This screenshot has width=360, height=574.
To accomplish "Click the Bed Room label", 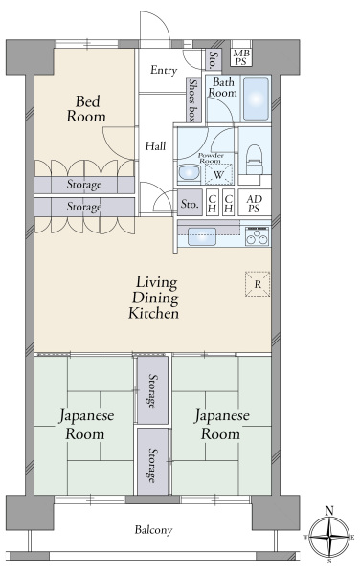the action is click(x=86, y=109).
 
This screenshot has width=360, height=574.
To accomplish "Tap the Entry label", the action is click(x=164, y=70).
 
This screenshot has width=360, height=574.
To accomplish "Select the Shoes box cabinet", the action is click(x=192, y=99).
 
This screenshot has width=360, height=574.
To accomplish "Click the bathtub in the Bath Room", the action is click(x=256, y=99).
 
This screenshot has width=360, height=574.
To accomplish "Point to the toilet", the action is click(x=254, y=160).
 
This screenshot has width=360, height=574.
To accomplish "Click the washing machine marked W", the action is click(x=218, y=174).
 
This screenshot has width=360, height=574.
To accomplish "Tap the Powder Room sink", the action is click(x=189, y=173).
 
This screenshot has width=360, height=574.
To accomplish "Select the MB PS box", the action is click(x=241, y=57).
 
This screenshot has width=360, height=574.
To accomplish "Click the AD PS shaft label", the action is click(x=254, y=204).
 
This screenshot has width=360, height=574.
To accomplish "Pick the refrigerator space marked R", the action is click(x=258, y=284).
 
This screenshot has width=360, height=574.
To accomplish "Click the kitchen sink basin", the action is click(x=202, y=236).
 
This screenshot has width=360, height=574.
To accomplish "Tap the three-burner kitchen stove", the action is click(x=258, y=236).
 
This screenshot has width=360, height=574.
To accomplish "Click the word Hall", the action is click(x=155, y=146).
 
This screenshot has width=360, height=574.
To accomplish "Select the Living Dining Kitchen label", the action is click(x=154, y=298).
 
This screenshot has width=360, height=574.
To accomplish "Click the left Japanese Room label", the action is click(x=86, y=425).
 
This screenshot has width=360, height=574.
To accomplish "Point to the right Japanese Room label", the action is click(x=221, y=425).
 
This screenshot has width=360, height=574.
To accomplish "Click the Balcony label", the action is click(x=153, y=530).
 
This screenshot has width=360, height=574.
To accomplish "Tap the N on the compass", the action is click(x=329, y=510).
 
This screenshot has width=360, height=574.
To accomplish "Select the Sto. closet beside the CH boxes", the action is click(x=191, y=203).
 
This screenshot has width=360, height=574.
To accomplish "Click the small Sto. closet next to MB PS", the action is click(x=214, y=59).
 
